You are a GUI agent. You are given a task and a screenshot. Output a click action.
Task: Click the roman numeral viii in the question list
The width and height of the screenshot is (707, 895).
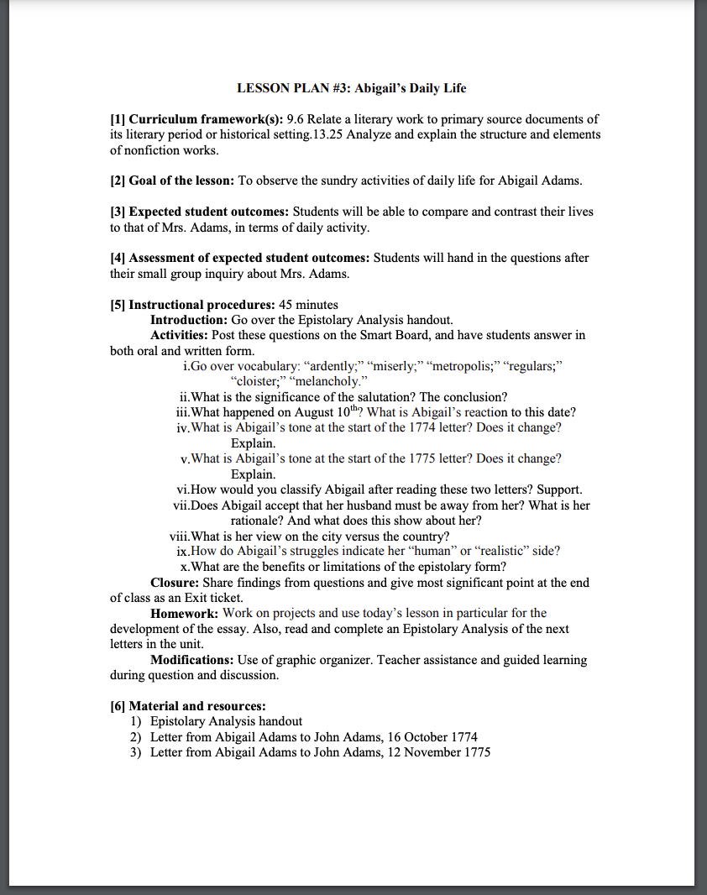179,536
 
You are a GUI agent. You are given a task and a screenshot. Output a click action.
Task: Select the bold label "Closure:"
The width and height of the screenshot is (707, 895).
175,583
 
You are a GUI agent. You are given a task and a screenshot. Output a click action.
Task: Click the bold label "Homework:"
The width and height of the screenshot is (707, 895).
185,614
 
